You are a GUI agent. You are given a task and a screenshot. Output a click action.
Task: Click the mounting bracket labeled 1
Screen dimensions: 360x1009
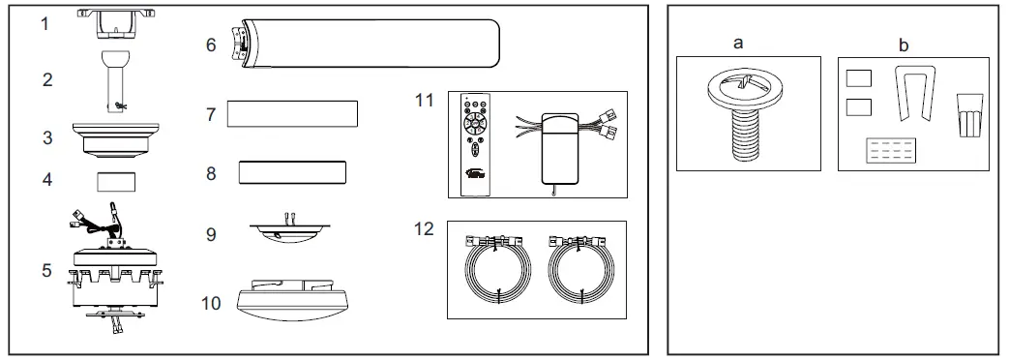pyautogui.click(x=114, y=22)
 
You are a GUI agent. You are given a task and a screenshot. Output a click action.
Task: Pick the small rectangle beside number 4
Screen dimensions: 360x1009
pyautogui.click(x=115, y=181)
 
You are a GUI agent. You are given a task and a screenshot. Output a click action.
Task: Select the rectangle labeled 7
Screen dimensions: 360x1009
pyautogui.click(x=292, y=113)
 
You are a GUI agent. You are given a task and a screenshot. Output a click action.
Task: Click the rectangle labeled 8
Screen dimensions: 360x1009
pyautogui.click(x=292, y=172)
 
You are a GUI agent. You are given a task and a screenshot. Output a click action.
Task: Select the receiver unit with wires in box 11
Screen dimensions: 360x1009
pyautogui.click(x=560, y=145)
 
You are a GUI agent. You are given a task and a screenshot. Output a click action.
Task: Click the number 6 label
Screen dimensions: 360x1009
pyautogui.click(x=210, y=45)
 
